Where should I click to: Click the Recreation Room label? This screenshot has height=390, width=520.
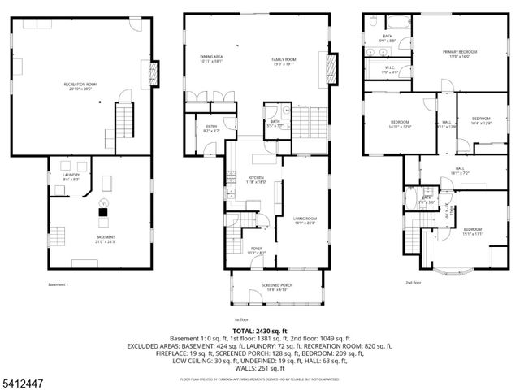click(81, 85)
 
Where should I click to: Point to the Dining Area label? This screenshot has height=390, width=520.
click(211, 58)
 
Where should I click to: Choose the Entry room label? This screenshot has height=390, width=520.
click(211, 128)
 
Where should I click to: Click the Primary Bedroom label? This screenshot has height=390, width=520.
click(460, 54)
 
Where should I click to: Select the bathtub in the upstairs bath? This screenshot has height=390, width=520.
click(399, 23)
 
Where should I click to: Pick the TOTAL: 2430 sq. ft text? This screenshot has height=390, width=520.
click(259, 331)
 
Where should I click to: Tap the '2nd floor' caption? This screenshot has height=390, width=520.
click(414, 283)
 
